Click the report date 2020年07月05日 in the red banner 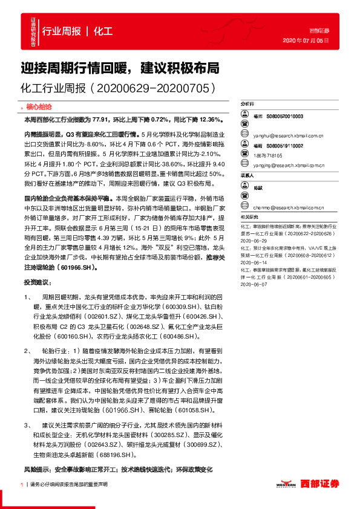306,41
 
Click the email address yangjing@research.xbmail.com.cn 288,164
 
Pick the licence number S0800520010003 287,115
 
